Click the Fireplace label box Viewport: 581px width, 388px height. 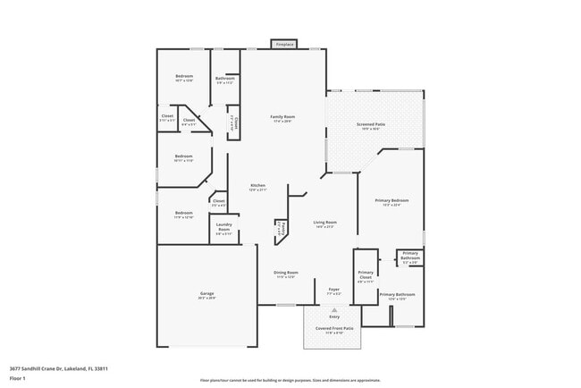tap(284, 44)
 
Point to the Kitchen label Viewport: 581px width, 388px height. tap(257, 187)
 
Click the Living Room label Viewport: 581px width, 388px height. tap(324, 224)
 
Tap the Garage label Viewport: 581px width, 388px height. tap(206, 295)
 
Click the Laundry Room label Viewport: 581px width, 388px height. tap(223, 227)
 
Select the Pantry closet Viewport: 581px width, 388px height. tap(279, 228)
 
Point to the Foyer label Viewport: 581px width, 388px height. tap(334, 291)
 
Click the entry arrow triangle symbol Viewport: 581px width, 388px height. tap(334, 309)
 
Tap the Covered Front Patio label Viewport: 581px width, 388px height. tap(334, 330)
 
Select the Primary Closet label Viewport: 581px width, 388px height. tap(366, 274)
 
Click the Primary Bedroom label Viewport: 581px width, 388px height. tap(396, 203)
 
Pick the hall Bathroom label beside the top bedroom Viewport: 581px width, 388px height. tap(225, 80)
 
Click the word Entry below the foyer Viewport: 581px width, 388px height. tap(334, 316)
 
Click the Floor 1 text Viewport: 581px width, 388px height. tap(17, 379)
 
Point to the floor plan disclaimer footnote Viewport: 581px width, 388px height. tap(290, 379)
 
